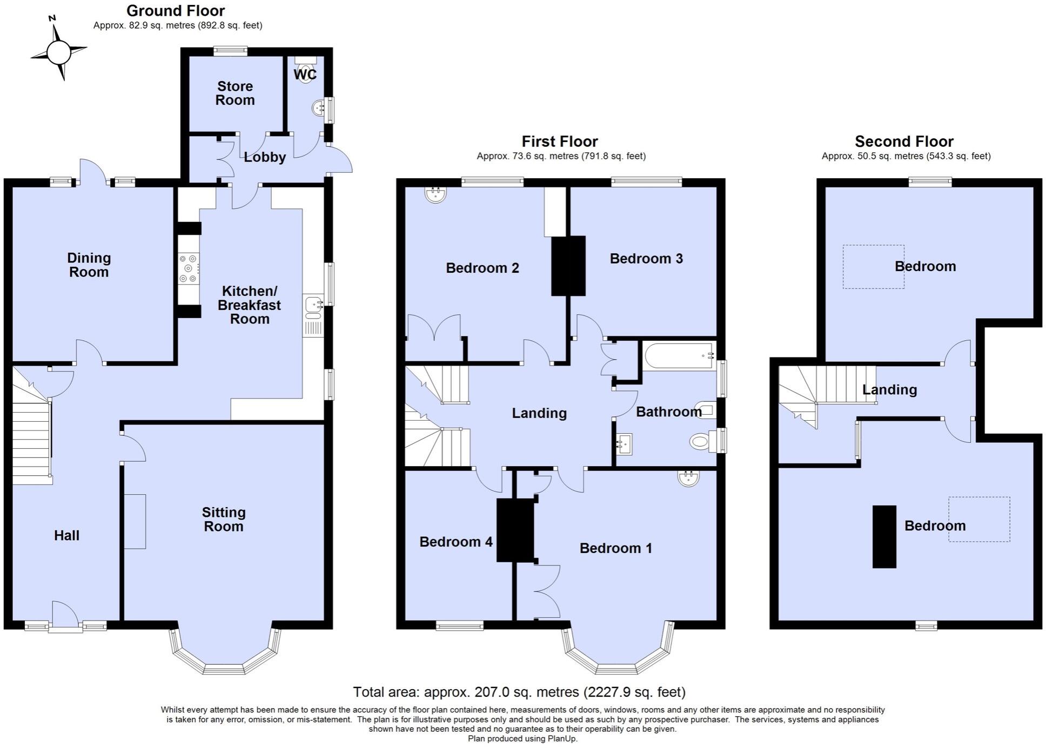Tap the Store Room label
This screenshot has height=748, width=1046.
[234, 93]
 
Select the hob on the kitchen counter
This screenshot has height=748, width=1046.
[189, 268]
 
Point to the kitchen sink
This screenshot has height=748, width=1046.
[313, 306]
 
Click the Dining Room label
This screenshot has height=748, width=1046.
[89, 265]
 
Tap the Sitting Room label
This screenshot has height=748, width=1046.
[223, 519]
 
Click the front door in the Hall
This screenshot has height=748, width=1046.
[64, 616]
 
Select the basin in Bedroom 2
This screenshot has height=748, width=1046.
[435, 194]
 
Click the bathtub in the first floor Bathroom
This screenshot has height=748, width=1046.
[678, 355]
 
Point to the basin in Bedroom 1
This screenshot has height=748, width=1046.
[688, 478]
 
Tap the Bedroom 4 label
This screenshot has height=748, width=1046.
[455, 542]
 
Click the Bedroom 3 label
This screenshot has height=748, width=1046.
[646, 259]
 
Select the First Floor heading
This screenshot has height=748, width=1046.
[559, 141]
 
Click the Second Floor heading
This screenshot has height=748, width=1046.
[903, 141]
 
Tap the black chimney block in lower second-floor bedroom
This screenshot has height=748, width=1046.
[884, 536]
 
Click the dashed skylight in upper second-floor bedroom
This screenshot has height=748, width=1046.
[873, 267]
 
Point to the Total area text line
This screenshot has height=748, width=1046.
[519, 692]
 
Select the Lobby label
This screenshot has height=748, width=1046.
[264, 157]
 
